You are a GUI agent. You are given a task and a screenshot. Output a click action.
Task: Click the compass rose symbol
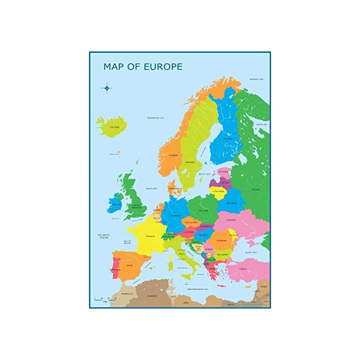coord(107,88)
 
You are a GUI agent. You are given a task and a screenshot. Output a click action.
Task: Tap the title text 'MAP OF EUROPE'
coord(143,67)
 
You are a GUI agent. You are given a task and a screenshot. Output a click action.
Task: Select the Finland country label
coord(227,138)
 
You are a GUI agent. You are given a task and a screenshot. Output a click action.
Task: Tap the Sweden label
coord(190,162)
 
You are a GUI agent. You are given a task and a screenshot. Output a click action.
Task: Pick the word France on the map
coord(150,236)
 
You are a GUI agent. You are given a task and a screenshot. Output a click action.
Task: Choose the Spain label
coord(130,265)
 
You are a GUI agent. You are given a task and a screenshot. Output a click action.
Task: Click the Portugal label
coord(115,269)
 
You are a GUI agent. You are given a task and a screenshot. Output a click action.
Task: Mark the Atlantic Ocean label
coord(104,236)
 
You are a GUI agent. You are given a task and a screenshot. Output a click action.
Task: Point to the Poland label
coord(204,211)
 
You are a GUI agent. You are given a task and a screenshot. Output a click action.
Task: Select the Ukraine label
coord(231,220)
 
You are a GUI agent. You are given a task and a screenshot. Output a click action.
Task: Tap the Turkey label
coord(243,269)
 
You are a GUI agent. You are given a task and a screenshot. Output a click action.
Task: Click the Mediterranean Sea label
coord(197,289)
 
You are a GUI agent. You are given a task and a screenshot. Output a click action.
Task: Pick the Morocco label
coord(127,294)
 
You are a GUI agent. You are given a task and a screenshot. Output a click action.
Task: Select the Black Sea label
coord(251,253)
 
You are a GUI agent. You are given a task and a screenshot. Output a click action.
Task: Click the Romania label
coord(222,240)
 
